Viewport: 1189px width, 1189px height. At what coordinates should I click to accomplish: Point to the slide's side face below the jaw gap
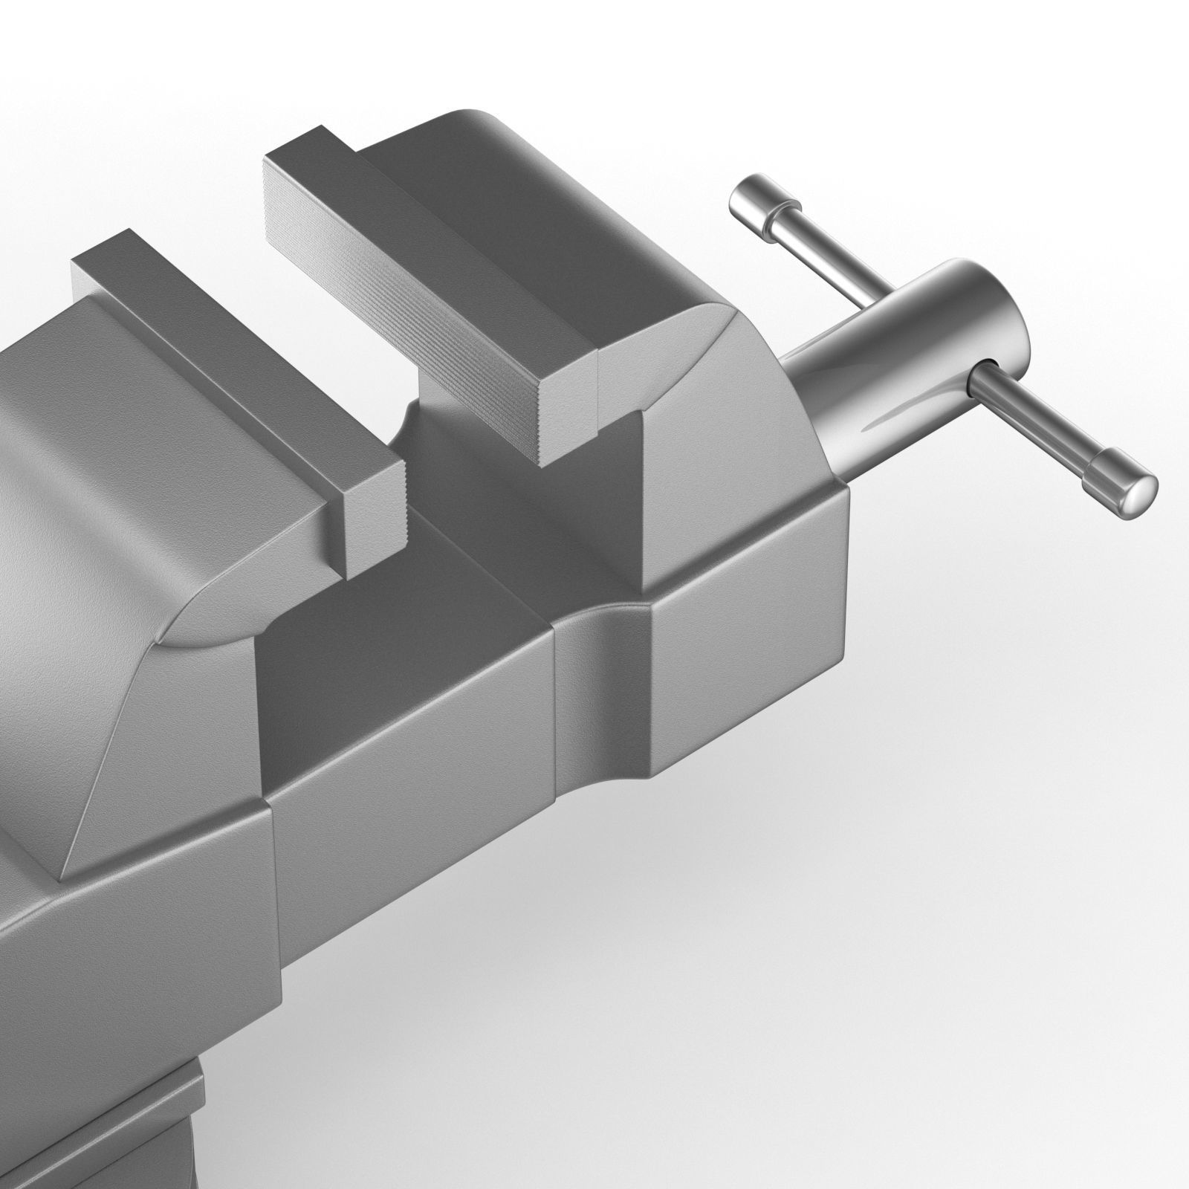[x=416, y=743]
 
